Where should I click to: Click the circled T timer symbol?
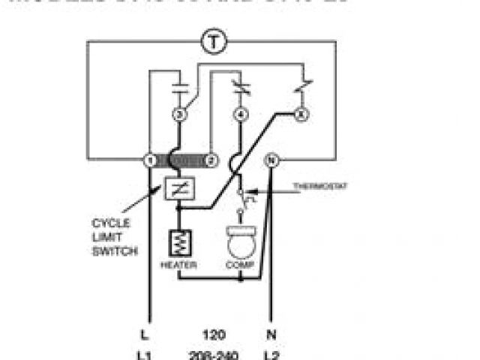point(214,42)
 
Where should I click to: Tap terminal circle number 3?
point(178,115)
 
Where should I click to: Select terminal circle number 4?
point(240,115)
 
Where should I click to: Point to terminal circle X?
point(302,115)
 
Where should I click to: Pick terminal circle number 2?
point(211,160)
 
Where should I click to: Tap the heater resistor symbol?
point(178,241)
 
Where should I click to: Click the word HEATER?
point(179,265)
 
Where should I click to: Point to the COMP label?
point(240,265)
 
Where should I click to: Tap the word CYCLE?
point(110,223)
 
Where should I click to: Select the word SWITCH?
point(114,251)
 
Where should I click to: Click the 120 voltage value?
point(213,334)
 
